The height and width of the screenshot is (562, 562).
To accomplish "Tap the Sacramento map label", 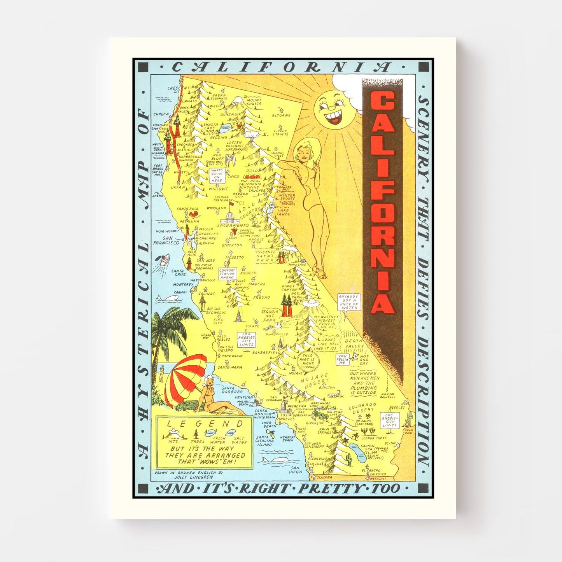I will click(x=233, y=226).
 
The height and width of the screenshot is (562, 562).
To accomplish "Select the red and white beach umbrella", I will click(x=186, y=373).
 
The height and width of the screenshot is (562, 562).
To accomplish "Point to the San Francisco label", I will click(x=166, y=240).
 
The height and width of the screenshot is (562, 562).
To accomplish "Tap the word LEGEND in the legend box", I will click(x=204, y=424).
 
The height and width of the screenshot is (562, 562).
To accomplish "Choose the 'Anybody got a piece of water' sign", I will click(x=349, y=302).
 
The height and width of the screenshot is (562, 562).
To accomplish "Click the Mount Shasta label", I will click(x=254, y=102).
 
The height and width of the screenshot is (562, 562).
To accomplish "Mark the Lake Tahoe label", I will click(x=284, y=212).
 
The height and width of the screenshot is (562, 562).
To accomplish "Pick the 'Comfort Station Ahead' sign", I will click(x=227, y=274).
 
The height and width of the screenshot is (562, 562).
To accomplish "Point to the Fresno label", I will click(x=261, y=298).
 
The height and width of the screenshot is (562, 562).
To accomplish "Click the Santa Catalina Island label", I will click(x=264, y=441).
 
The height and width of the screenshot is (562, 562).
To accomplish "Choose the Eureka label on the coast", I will click(x=161, y=114).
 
